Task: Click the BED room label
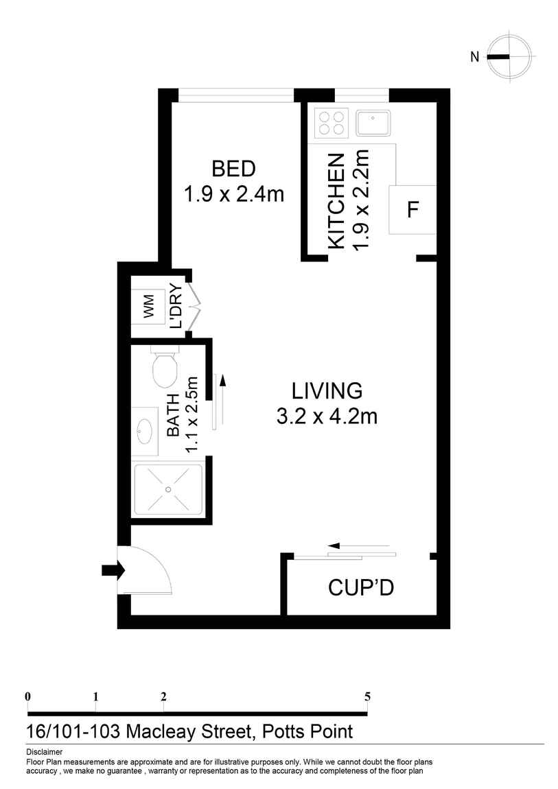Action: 233,169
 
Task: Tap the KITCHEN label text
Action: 336,201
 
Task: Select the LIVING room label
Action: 327,391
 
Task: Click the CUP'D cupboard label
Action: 361,587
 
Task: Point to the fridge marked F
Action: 412,209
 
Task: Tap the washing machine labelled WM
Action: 148,306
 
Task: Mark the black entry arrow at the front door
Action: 113,570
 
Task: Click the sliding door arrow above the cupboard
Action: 358,545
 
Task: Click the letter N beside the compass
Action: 474,57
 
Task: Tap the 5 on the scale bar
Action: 368,696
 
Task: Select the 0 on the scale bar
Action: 27,696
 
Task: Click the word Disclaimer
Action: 45,752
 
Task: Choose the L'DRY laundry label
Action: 176,306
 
